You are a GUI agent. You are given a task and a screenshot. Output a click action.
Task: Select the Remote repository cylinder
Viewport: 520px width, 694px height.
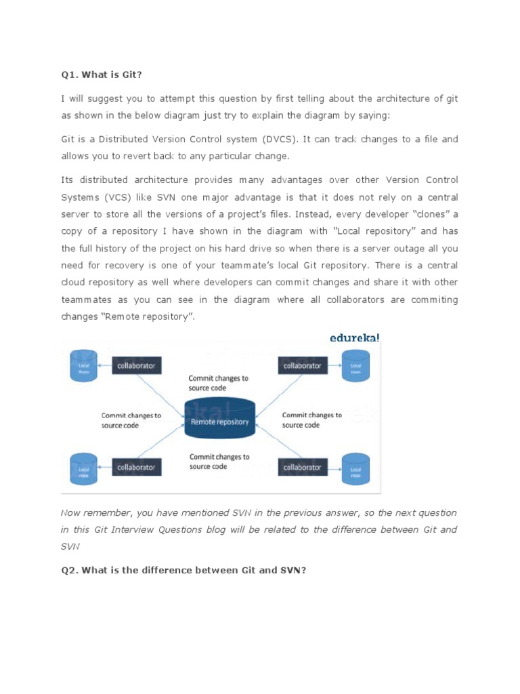click(219, 421)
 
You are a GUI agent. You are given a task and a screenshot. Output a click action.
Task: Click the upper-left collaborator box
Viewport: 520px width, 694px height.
click(136, 365)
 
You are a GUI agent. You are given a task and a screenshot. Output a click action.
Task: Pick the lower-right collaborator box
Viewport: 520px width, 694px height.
click(302, 467)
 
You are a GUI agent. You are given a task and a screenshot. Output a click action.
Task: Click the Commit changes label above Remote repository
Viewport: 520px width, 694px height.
click(218, 383)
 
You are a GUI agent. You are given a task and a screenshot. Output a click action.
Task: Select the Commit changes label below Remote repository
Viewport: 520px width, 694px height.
click(219, 462)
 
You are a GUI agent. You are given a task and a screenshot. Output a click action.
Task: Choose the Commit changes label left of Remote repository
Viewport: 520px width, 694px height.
click(131, 420)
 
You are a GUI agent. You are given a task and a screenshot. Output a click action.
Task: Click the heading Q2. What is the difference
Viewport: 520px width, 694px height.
click(183, 570)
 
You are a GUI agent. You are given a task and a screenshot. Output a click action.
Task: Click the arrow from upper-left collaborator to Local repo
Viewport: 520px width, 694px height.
click(104, 366)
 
